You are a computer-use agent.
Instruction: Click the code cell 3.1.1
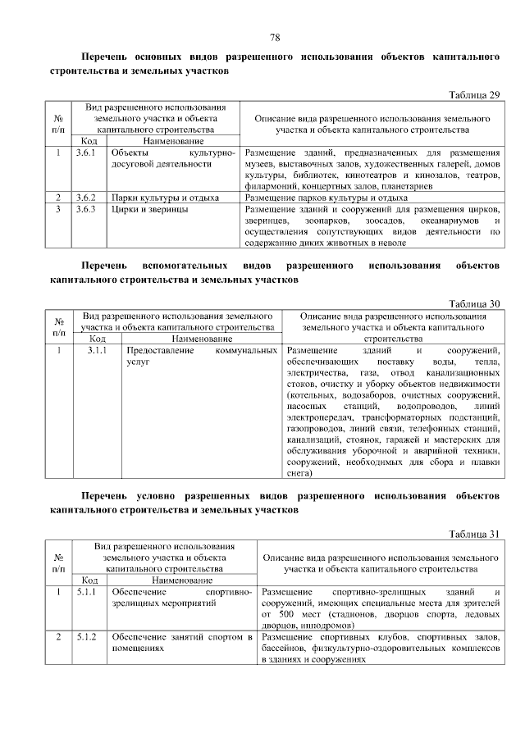click(x=96, y=350)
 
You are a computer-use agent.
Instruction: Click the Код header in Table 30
click(x=96, y=338)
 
